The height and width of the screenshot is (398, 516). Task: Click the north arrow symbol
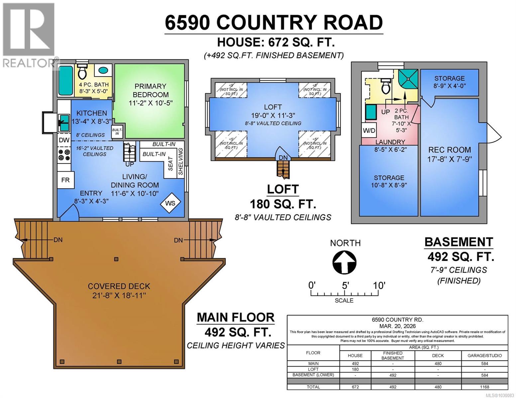coord(345,262)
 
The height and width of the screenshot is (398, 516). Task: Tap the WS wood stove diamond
coord(170,203)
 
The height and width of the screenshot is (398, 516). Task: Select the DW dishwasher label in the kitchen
coord(64,140)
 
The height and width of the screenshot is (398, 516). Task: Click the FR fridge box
coord(65,180)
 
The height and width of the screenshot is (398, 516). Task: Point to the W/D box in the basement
coord(369,130)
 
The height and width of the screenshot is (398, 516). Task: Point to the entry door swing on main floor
coord(69,212)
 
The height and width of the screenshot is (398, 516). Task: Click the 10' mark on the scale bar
coord(379,285)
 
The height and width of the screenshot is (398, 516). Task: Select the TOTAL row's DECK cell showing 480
coord(438,387)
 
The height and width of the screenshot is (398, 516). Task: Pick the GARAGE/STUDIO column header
coord(484,356)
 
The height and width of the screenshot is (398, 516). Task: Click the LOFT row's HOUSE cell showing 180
coord(355,369)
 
